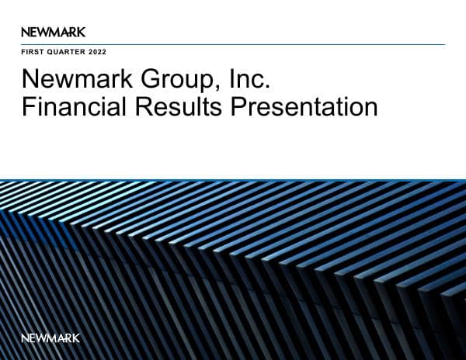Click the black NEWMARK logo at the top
point(54,32)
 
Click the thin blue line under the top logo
point(233,44)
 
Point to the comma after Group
point(207,88)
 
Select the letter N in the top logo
point(26,32)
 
